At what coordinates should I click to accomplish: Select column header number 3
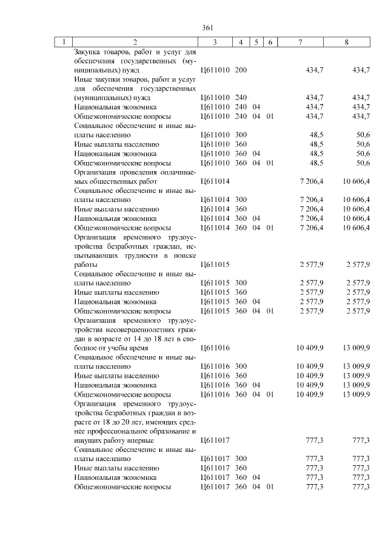pyautogui.click(x=215, y=42)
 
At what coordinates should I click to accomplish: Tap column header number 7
pyautogui.click(x=301, y=42)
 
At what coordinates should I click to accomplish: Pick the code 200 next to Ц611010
pyautogui.click(x=241, y=71)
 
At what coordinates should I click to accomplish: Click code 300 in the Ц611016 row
pyautogui.click(x=241, y=366)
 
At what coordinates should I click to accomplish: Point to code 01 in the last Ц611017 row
pyautogui.click(x=270, y=487)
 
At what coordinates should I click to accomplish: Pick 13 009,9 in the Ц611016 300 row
pyautogui.click(x=356, y=366)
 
